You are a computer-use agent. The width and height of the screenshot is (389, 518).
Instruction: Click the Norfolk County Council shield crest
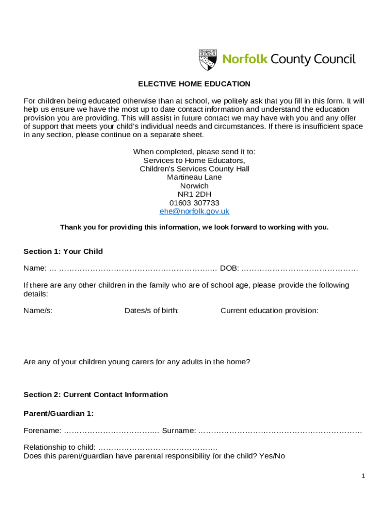point(208,60)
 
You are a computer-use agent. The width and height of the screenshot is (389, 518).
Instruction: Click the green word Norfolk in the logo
point(245,60)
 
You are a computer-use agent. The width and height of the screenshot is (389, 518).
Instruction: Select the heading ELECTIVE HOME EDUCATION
point(194,84)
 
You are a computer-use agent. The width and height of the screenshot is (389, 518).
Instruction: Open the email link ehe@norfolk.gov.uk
point(194,211)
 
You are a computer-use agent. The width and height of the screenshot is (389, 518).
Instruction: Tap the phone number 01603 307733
point(194,203)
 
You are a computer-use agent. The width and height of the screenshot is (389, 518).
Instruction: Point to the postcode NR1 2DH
point(194,194)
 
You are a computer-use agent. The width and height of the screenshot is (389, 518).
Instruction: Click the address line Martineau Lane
point(194,177)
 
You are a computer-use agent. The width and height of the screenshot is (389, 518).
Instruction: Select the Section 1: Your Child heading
point(63,251)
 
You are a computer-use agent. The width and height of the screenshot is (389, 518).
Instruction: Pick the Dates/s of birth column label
point(152,311)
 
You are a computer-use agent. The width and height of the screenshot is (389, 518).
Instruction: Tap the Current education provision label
point(269,311)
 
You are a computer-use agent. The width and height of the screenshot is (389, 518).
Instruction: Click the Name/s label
point(38,311)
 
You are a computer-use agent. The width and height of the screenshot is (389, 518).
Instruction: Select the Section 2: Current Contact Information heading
point(96,395)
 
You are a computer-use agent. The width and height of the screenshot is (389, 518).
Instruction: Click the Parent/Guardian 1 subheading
point(59,413)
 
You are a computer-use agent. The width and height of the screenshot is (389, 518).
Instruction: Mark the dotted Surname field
point(280,431)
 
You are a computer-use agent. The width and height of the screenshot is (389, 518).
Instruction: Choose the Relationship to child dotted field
point(158,448)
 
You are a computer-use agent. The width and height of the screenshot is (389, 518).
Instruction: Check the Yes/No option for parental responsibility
point(273,456)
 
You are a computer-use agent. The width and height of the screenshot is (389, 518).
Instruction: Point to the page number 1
point(363,476)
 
